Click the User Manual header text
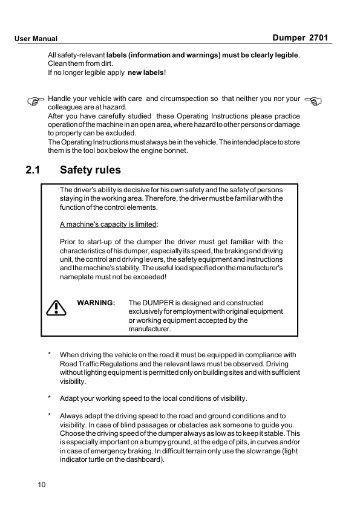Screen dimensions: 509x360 (36, 39)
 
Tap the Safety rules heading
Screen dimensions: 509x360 (90, 170)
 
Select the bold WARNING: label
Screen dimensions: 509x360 (96, 302)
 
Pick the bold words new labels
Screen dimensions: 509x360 (145, 73)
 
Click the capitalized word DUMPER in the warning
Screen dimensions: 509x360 (159, 302)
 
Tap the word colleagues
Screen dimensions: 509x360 (67, 107)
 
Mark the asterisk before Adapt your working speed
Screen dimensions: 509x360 (49, 398)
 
